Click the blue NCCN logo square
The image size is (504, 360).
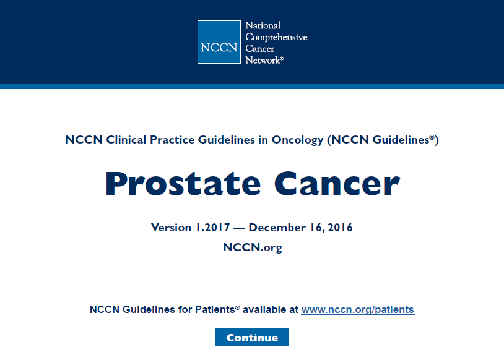coord(219,42)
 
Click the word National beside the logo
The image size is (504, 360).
coord(263,25)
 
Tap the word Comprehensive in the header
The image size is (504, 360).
coord(276,37)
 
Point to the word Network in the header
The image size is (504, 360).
coord(263,60)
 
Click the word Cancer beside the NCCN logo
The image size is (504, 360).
coord(259,49)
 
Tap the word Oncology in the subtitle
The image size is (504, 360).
coord(297,140)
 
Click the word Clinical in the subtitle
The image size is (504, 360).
coord(126,140)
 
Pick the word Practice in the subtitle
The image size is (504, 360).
coord(172,140)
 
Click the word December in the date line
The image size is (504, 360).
coord(277,228)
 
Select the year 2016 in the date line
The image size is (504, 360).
coord(340,228)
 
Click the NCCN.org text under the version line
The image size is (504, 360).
coord(253,247)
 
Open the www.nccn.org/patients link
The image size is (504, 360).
coord(358,309)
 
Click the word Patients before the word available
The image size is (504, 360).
coord(215,309)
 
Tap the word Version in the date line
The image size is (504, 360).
coord(171,228)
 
